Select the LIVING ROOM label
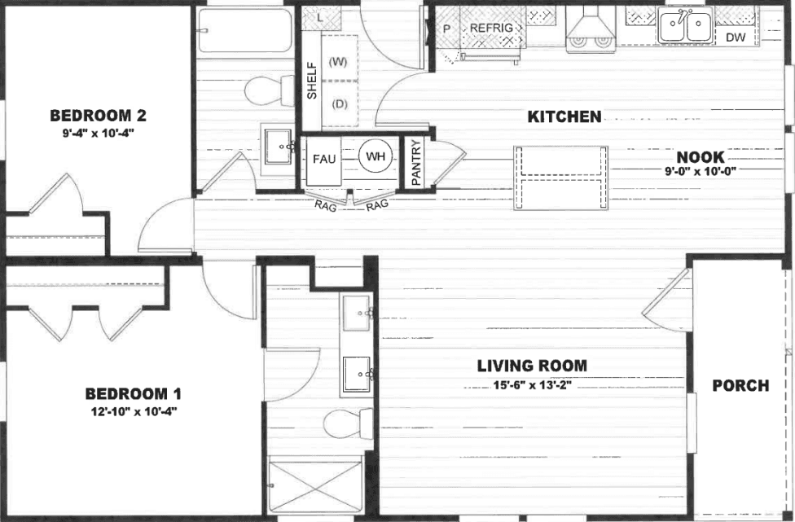532,366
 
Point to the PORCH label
740,385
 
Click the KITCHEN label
564,117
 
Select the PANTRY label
416,163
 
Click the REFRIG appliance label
492,29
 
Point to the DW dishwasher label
735,37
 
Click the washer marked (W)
337,62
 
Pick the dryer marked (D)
337,104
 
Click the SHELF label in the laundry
311,81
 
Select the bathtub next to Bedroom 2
245,30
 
